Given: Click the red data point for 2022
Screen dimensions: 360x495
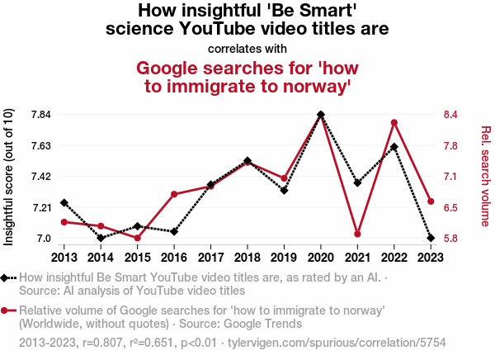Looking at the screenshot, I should [394, 123].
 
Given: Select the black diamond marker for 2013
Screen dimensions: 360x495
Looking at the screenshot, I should [64, 202].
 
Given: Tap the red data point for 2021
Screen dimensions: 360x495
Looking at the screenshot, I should [357, 234].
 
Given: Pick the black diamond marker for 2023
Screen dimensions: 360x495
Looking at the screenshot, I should [431, 238].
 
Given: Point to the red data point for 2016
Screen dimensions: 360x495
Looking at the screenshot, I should [174, 195].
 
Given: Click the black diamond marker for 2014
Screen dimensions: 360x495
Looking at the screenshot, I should [101, 238].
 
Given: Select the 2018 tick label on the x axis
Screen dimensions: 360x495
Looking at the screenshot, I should [247, 257].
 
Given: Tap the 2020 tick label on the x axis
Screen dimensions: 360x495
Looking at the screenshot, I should [321, 257].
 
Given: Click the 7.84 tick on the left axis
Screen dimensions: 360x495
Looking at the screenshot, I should [40, 114].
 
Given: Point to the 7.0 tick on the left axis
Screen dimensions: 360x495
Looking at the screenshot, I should [43, 239].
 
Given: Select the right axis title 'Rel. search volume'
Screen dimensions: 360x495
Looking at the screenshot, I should [485, 176].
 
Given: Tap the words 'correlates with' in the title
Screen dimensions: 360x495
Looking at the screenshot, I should [247, 48].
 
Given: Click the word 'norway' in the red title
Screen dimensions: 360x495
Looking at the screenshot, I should [305, 86].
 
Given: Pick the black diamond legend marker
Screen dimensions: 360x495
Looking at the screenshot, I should [7, 278].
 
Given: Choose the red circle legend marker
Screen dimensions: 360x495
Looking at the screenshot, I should [7, 310].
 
